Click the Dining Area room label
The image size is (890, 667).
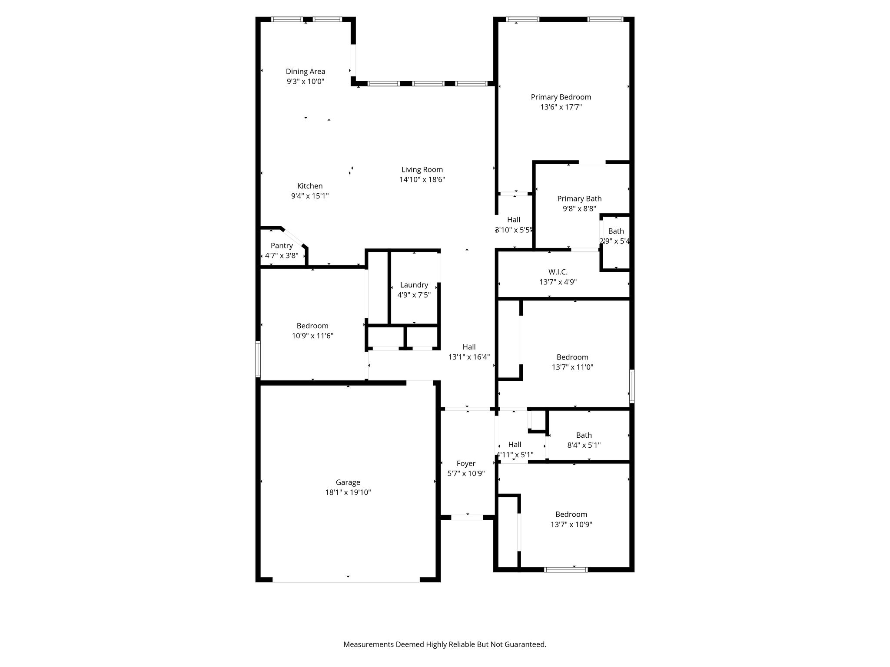[305, 72]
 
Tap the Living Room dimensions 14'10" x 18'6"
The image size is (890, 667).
[422, 179]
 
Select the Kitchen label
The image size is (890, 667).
[310, 186]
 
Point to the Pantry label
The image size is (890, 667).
[282, 246]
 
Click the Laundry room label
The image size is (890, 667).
[414, 285]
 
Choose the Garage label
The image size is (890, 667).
[348, 482]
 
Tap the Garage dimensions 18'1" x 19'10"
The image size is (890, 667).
[348, 492]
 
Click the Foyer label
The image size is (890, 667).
[466, 464]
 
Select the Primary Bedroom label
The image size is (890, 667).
[561, 97]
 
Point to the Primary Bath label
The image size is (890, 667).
[580, 199]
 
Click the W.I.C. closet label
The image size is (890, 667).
[558, 272]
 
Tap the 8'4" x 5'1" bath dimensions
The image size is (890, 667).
[584, 445]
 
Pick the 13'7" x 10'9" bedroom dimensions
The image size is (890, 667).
[571, 525]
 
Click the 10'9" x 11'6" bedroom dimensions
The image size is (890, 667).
[312, 336]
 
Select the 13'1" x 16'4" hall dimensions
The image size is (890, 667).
[469, 357]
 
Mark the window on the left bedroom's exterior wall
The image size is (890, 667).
[258, 359]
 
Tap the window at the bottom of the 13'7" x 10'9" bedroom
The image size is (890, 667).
[565, 569]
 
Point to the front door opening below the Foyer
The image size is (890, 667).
[467, 517]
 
